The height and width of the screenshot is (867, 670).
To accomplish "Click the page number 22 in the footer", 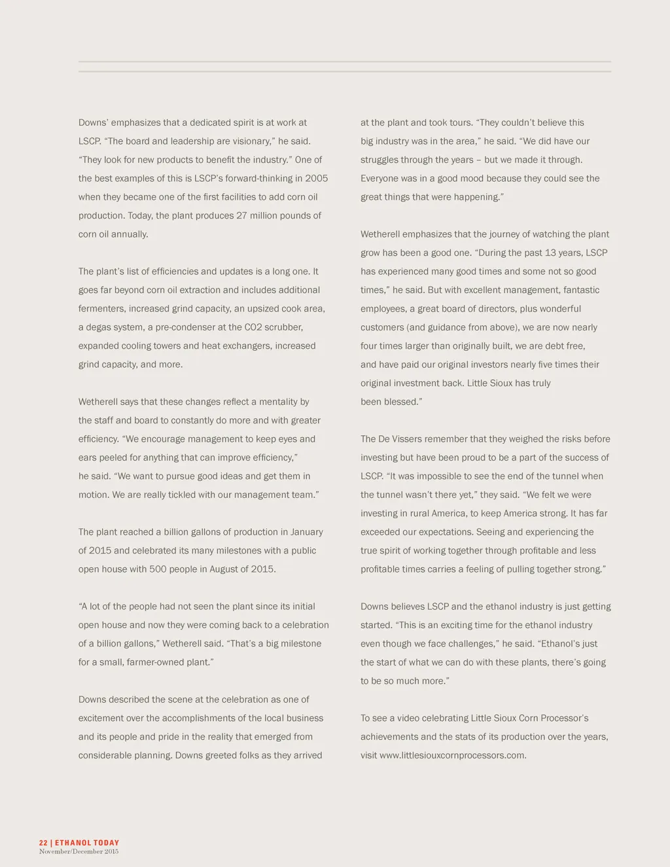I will coord(43,843).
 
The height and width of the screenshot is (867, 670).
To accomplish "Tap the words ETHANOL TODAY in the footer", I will coord(87,843).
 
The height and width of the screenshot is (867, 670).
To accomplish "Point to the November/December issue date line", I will coord(79,851).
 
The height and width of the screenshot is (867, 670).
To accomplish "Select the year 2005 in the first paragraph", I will coord(316,179).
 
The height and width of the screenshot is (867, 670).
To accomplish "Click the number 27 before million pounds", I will coord(242,216).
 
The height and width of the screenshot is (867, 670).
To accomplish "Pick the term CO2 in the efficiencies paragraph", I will coord(253,327).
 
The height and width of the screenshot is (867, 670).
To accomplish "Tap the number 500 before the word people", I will coord(158,569).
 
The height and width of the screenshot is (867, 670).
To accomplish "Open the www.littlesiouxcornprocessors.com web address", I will coord(452,756).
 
